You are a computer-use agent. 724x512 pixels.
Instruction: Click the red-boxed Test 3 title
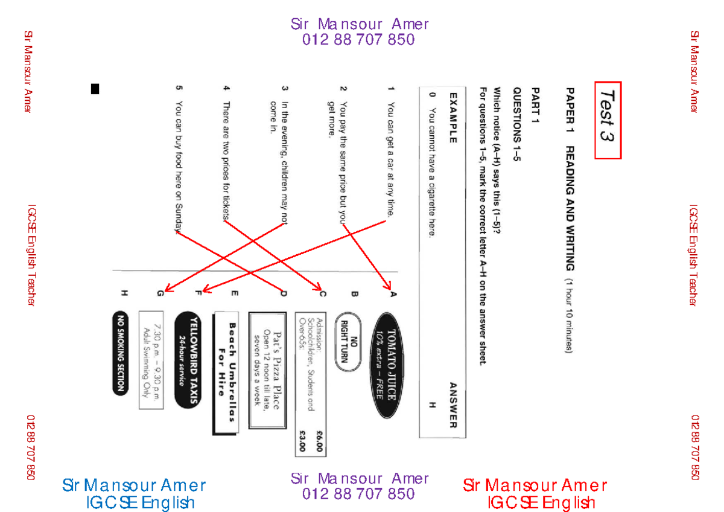tap(608, 120)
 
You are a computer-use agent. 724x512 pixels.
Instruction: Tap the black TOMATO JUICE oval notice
tap(387, 365)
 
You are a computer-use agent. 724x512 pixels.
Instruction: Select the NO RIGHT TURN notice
tap(348, 342)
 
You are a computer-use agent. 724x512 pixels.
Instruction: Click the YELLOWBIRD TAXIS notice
tap(188, 360)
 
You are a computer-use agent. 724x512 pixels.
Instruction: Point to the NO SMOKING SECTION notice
tap(121, 353)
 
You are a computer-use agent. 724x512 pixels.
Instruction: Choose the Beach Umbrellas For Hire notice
tap(226, 373)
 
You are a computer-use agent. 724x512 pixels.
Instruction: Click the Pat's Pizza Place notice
tap(267, 370)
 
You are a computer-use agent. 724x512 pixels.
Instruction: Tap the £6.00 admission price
tap(319, 441)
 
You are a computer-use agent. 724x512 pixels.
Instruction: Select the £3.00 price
tap(302, 441)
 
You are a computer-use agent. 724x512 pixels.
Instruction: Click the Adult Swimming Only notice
tap(151, 360)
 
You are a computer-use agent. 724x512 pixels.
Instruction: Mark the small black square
tap(95, 89)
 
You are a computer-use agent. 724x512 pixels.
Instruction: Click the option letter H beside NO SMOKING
tap(124, 293)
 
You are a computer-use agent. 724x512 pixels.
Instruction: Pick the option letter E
tap(235, 293)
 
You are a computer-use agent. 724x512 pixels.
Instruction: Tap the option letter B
tap(355, 294)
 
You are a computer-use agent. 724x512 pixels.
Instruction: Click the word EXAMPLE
tap(454, 118)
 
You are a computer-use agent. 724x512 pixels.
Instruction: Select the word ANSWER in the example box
tap(454, 405)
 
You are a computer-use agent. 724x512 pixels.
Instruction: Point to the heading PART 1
tap(536, 105)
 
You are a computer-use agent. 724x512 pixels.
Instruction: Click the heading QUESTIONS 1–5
tap(517, 124)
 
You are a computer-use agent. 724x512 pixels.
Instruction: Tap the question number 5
tap(179, 88)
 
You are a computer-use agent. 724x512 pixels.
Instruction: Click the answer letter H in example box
tap(433, 405)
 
